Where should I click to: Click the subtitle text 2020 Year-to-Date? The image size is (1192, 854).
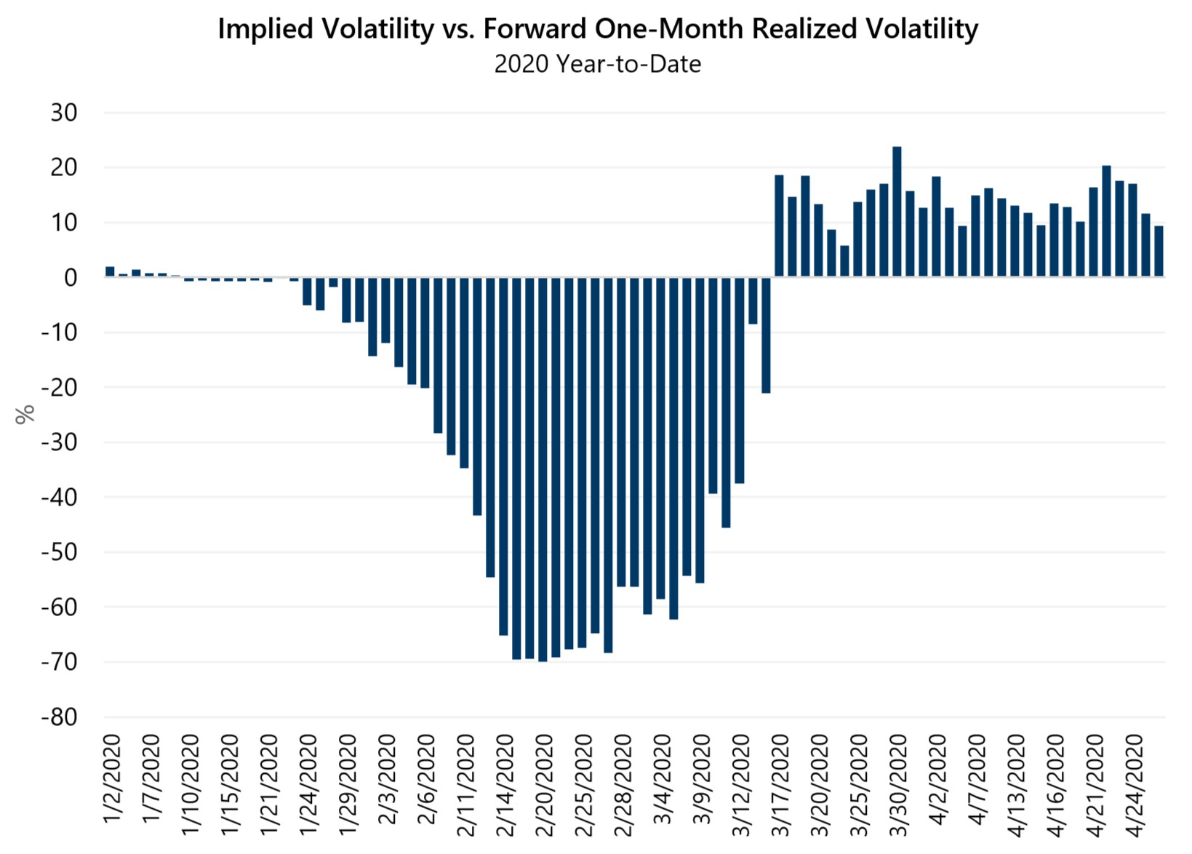tap(597, 64)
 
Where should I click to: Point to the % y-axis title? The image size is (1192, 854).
tap(25, 414)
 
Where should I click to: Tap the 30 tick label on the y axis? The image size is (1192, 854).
tap(64, 113)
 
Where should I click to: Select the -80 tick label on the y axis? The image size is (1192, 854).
tap(59, 717)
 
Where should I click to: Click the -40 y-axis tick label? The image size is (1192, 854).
tap(59, 498)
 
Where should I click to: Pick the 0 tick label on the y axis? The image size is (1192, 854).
tap(71, 278)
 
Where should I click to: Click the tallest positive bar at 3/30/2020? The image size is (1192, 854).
tap(897, 212)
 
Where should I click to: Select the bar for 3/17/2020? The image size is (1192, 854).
tap(779, 226)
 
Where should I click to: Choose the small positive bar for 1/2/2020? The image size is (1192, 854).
tap(110, 272)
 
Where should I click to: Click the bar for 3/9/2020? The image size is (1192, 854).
tap(700, 429)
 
